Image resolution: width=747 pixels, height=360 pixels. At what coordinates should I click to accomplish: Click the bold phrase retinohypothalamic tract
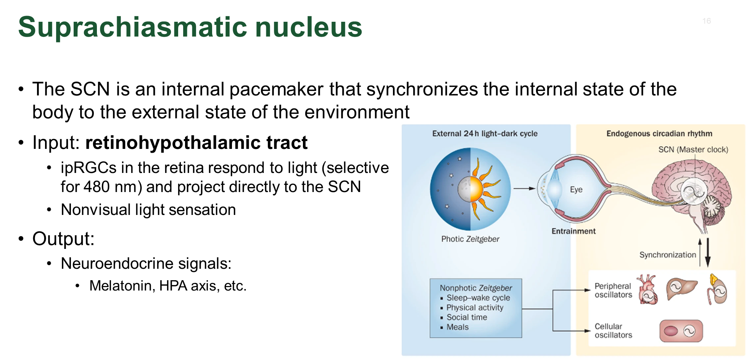[x=196, y=143]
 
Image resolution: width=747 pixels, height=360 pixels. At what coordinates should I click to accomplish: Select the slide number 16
[x=707, y=21]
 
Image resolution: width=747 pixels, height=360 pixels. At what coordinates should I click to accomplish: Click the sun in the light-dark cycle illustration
[x=482, y=188]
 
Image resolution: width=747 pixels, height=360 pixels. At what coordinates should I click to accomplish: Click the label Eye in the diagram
[x=576, y=189]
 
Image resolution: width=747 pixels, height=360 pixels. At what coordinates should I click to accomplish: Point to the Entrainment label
[x=573, y=231]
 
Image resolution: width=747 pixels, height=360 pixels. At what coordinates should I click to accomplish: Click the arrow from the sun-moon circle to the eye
[x=525, y=188]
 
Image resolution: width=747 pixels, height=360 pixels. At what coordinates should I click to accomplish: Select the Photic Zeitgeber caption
[x=470, y=239]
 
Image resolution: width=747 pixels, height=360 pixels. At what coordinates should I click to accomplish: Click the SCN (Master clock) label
[x=693, y=150]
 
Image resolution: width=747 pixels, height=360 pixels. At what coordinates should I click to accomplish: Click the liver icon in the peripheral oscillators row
[x=681, y=289]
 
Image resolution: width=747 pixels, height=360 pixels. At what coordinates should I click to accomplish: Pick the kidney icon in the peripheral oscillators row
[x=717, y=289]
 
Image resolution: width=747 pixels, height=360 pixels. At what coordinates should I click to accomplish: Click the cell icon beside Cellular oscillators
[x=681, y=331]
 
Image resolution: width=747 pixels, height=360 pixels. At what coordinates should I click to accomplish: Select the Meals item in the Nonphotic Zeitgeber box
[x=457, y=327]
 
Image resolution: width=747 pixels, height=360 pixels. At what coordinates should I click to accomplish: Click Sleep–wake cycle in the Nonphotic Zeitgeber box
[x=478, y=298]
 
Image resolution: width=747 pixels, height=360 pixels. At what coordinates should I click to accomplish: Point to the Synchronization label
[x=668, y=255]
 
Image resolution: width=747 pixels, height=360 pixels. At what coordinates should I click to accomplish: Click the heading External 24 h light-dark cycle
[x=485, y=134]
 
